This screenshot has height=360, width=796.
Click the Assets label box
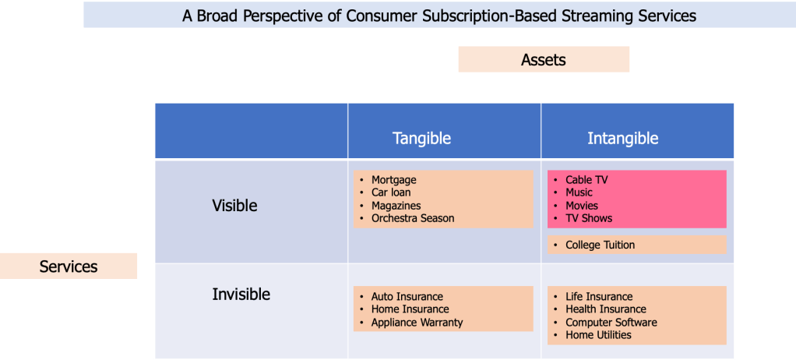[x=544, y=59]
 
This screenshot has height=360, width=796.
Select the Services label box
[x=69, y=266]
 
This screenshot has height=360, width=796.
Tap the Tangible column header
[x=421, y=138]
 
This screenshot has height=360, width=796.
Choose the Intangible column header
[x=623, y=138]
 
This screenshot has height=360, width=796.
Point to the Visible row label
[x=234, y=206]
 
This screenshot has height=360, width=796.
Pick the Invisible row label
[x=241, y=295]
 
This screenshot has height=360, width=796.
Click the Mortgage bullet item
[x=394, y=180]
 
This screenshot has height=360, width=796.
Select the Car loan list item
[x=391, y=192]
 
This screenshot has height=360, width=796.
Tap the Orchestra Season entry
[x=413, y=218]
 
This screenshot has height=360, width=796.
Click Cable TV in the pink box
[x=586, y=180]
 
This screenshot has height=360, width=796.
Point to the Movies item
[x=582, y=206]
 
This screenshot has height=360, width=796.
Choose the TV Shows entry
[x=589, y=218]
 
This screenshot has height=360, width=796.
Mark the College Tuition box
[x=636, y=245]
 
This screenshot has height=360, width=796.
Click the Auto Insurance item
[x=407, y=297]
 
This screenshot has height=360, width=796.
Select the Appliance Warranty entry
[x=417, y=323]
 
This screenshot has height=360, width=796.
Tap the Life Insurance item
[x=599, y=297]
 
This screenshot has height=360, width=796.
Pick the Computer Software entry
[x=611, y=323]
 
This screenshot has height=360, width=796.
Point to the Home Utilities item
[x=598, y=335]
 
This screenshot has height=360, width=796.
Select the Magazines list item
[x=396, y=206]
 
